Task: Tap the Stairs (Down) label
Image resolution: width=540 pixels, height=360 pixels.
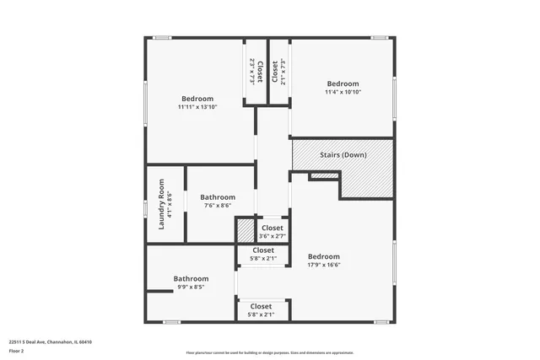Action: (343, 155)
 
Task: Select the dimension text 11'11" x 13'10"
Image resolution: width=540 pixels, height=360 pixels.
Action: (197, 107)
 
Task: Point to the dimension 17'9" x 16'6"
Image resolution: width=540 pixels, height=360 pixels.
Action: (323, 265)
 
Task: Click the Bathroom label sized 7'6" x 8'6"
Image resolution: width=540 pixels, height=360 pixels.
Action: (217, 197)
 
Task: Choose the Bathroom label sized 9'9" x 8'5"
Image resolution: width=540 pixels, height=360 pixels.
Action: (191, 278)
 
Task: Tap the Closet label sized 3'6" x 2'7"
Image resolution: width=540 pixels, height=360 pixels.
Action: (273, 228)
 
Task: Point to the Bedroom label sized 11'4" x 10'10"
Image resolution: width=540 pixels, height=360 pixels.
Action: (343, 83)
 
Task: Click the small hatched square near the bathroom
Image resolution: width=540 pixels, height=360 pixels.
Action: (245, 230)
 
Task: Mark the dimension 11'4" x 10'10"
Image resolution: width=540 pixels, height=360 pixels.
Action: (343, 92)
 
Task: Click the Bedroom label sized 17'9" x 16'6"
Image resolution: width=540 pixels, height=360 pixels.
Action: (323, 256)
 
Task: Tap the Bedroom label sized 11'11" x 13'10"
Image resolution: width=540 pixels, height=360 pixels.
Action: (197, 99)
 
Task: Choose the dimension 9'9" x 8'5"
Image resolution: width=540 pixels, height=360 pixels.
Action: (191, 287)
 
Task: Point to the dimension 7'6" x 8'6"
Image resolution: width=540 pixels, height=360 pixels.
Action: (217, 206)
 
